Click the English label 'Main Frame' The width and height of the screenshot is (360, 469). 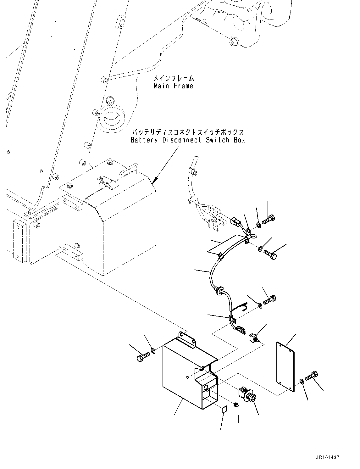coord(173,86)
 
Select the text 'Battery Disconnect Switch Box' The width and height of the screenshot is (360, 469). coord(188,140)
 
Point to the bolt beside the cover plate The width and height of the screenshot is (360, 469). coord(312,375)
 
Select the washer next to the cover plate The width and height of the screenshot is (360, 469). coord(302,382)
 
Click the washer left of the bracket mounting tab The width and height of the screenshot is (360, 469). coord(153,350)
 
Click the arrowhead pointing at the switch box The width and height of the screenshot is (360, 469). coord(154,181)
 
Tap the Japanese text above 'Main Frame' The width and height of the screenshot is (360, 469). coord(174,78)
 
